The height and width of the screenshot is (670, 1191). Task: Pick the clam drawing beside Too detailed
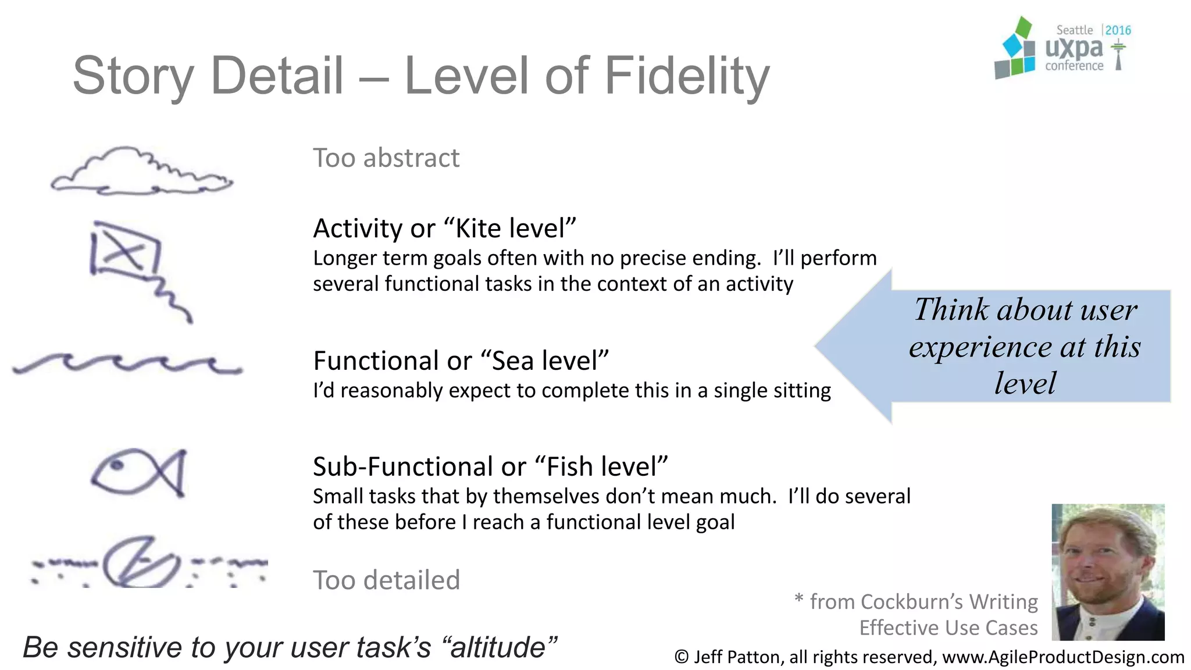pos(140,562)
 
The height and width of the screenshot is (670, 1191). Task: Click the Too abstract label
pos(386,158)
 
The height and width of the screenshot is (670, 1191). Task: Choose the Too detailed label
pos(386,580)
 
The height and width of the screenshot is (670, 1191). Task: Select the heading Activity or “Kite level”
pos(444,228)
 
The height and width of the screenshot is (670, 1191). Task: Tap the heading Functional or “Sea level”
pos(461,361)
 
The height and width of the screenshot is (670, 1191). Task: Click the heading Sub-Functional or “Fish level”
pos(490,466)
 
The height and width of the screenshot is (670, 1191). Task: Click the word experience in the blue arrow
pos(981,347)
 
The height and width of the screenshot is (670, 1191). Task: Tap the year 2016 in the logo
pos(1118,30)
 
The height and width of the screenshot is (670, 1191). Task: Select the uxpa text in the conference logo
pos(1073,48)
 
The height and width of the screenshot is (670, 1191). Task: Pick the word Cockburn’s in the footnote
pos(911,601)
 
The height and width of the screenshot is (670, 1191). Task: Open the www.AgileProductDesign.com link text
pos(1062,657)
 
